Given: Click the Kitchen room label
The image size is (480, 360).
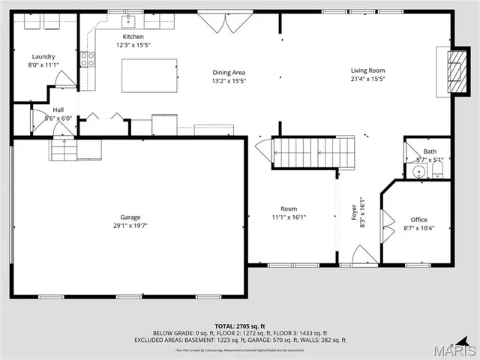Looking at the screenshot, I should point(133,36).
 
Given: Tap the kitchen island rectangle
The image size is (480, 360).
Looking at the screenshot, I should point(149,75).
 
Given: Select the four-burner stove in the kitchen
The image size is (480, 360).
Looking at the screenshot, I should point(88,58).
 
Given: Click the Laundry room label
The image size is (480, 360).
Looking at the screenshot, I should point(43,56).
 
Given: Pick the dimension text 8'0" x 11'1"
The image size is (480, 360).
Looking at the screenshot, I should point(43,64).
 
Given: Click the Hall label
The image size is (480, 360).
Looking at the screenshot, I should point(58,109).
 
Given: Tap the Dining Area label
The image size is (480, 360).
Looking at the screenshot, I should point(229,72).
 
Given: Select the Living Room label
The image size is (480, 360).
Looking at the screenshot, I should point(367,70).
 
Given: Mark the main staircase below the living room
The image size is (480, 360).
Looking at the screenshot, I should point(312,152).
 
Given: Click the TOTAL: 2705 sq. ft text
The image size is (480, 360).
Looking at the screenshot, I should point(241,326).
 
